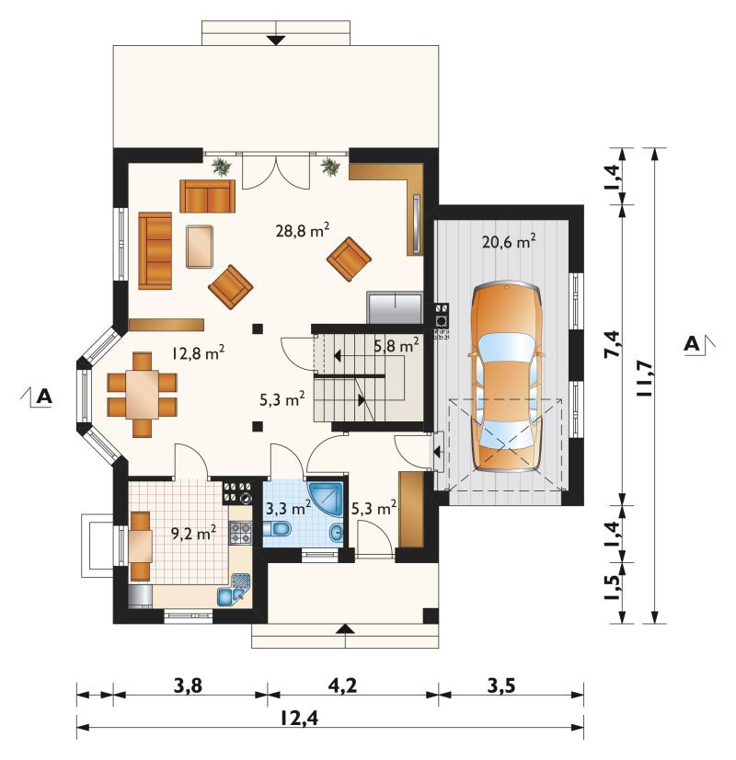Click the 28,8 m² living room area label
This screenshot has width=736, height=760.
pos(303,230)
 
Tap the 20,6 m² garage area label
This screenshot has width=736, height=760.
pos(509,241)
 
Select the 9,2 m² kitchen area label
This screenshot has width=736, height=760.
pos(193,533)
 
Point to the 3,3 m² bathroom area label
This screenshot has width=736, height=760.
pos(288,509)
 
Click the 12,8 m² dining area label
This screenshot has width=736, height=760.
pos(198,352)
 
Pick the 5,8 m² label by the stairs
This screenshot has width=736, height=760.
pos(397,346)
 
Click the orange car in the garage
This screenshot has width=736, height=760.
pos(506,378)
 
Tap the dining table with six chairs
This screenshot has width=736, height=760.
pos(142,394)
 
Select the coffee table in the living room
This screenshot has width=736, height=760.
pos(200,247)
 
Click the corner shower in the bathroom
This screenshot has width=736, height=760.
pos(327,500)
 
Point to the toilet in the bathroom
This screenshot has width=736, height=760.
pos(276,529)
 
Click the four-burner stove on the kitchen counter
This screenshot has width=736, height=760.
pos(240,532)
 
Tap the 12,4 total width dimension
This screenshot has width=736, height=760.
pos(299,718)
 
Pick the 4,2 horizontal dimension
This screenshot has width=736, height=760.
pos(342,685)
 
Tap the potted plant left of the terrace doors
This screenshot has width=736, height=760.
pos(222,167)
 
